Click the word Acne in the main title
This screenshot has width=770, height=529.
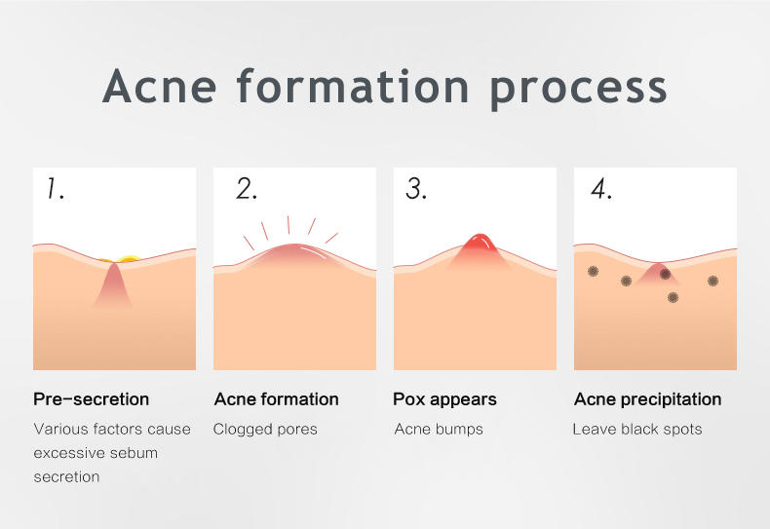[x=159, y=86]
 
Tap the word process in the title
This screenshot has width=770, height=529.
[x=578, y=90]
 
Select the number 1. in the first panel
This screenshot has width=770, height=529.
[x=56, y=189]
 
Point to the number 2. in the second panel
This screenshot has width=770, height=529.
[x=247, y=189]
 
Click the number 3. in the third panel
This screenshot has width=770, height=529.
[x=416, y=189]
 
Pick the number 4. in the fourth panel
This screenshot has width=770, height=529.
[x=601, y=189]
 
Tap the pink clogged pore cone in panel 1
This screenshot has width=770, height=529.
[x=113, y=284]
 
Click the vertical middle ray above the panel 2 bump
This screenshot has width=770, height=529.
[x=289, y=225]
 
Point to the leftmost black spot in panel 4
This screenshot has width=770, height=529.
[x=594, y=271]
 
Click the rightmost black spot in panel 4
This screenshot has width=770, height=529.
[x=713, y=281]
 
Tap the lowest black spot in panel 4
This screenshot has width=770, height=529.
[x=674, y=297]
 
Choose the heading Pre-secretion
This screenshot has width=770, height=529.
[x=92, y=399]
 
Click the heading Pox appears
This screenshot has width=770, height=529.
[x=444, y=399]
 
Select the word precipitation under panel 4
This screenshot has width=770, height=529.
[x=672, y=399]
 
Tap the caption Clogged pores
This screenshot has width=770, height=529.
[x=265, y=430]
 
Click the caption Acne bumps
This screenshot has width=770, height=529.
[x=439, y=430]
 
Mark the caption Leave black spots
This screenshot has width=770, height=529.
[x=637, y=430]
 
